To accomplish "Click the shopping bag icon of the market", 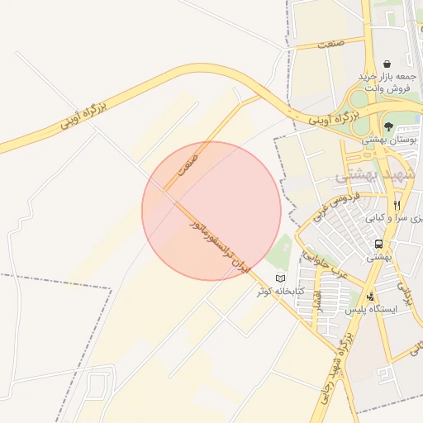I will click(x=387, y=64).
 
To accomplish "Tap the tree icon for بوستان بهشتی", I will click(x=388, y=126).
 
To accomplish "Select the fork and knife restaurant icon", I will click(x=397, y=205).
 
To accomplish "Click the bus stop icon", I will click(x=378, y=245).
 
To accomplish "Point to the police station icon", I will click(x=371, y=295).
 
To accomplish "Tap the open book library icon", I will click(x=281, y=278).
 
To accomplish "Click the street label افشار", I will click(x=316, y=304).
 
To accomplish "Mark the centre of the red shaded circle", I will click(x=211, y=211).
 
